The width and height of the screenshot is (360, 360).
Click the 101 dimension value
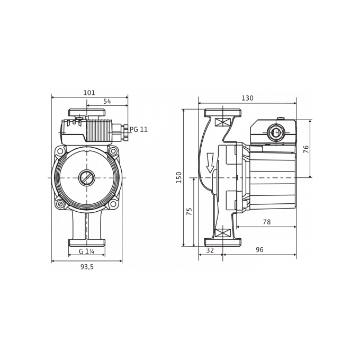point(89,93)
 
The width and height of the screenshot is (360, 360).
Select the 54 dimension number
point(107,101)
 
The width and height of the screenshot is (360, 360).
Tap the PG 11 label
point(139,130)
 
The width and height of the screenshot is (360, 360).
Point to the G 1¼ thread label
point(86,251)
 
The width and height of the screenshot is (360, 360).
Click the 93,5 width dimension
point(87,267)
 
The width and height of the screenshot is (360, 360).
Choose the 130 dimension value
point(247,98)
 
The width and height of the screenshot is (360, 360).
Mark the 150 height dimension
point(179,177)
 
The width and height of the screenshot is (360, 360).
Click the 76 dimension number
point(306,149)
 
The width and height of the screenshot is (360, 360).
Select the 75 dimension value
point(190,211)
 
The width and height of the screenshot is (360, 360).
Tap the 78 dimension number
point(266,222)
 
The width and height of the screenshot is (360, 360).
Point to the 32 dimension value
point(210,250)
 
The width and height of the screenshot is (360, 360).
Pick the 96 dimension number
point(259,249)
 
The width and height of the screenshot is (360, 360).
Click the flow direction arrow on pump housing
point(210,163)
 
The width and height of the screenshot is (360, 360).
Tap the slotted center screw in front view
point(86,177)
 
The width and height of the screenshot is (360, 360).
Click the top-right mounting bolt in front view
point(113,151)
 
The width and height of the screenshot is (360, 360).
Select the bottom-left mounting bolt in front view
point(60,204)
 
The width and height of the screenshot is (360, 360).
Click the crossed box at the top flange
point(222,122)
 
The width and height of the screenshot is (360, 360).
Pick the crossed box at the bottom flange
point(222,233)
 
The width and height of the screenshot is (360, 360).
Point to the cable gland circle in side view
point(275,132)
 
